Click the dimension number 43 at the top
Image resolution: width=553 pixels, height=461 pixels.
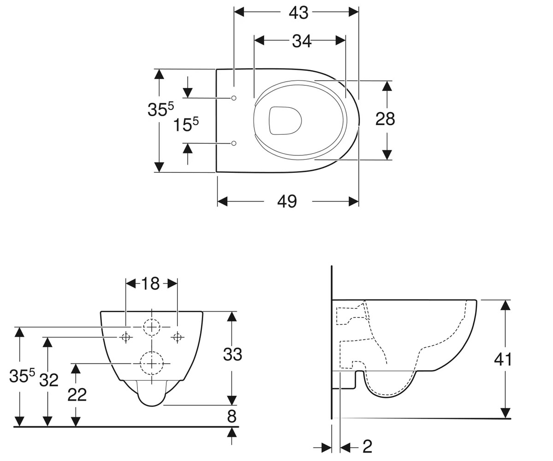click(x=299, y=13)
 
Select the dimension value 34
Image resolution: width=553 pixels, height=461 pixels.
click(x=302, y=41)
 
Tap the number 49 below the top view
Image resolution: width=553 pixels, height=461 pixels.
click(x=287, y=201)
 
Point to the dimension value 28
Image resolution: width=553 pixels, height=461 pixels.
click(x=385, y=119)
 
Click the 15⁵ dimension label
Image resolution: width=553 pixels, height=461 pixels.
click(x=186, y=124)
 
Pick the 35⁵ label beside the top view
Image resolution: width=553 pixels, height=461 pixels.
click(x=161, y=109)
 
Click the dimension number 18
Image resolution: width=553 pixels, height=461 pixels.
click(x=150, y=284)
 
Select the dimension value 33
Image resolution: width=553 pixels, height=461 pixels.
click(x=233, y=354)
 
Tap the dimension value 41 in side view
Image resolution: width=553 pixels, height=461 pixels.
click(x=503, y=360)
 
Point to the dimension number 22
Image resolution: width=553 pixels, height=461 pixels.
click(x=77, y=395)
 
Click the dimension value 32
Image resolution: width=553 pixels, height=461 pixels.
click(x=49, y=380)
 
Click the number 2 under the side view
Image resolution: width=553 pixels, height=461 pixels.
click(x=367, y=446)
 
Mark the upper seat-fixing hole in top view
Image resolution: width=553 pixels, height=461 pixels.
click(x=234, y=98)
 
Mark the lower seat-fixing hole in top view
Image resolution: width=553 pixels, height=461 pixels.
click(x=234, y=143)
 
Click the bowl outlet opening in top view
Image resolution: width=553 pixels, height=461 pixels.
click(x=285, y=120)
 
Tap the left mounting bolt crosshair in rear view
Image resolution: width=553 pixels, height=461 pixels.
click(x=126, y=337)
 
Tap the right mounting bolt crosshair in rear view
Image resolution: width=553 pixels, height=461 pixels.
click(x=177, y=337)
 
